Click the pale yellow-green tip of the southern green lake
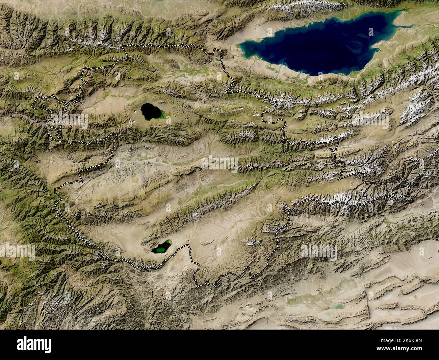pos(168,242)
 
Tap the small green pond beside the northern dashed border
pos(216,59)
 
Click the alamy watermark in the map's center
pos(219,164)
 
